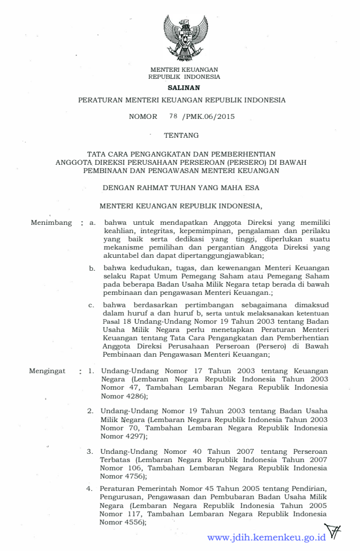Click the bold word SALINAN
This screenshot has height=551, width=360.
(184, 87)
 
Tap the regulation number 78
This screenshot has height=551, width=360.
(173, 116)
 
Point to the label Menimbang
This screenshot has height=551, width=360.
(51, 223)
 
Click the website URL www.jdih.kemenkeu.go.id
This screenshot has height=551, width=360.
(267, 537)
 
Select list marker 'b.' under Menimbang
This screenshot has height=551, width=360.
(93, 268)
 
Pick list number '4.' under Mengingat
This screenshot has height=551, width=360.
(91, 488)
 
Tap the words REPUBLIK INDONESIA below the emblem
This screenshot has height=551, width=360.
(184, 77)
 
